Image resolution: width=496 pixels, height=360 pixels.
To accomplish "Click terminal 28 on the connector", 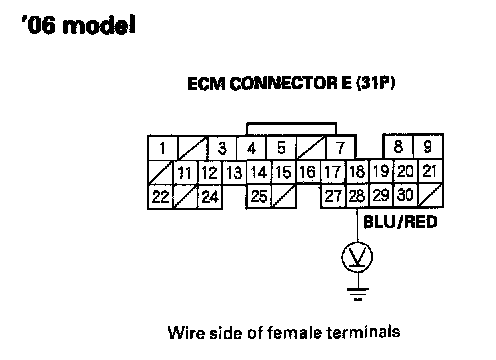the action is point(357,196).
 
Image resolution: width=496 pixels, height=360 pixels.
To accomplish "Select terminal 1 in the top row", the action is point(163,148).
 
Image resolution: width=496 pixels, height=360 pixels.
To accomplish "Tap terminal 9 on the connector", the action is point(428,146).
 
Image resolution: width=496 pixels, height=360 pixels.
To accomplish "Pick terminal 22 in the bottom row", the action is point(160,197).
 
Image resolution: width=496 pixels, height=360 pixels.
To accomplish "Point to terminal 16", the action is point(308,172).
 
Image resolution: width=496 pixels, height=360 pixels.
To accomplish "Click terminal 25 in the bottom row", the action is point(259,196).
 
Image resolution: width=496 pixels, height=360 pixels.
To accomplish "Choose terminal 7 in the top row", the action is point(341,148).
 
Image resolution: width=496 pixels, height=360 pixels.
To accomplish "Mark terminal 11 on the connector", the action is point(185,173).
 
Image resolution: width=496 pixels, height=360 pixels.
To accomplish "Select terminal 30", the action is point(405,195).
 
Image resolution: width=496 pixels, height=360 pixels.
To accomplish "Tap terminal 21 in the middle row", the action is point(430,171).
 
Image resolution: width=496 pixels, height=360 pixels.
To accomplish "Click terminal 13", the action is point(234,173).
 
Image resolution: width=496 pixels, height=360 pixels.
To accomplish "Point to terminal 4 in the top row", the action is point(252,148).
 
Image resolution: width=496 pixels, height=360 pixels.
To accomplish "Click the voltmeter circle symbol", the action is point(357,257).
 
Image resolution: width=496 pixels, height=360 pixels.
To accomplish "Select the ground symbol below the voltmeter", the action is point(357,294).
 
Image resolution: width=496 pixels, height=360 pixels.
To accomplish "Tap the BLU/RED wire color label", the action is point(400,222).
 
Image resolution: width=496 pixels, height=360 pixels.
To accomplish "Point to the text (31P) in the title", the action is point(376,83).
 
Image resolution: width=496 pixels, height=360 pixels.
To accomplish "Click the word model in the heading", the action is point(99,25).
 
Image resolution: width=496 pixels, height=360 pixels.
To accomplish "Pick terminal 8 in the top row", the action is point(398,146).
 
